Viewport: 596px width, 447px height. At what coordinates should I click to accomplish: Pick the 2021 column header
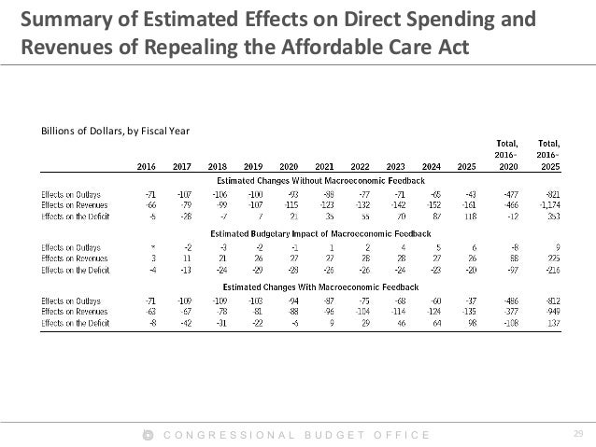325,166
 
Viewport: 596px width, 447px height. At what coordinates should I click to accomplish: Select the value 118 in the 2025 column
469,215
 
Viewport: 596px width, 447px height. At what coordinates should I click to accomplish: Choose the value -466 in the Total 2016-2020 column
510,203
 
